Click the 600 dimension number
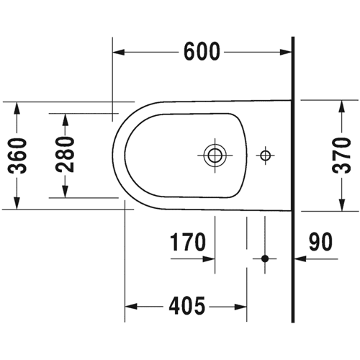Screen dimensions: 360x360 (x=202, y=52)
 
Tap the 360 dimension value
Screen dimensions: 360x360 (x=17, y=156)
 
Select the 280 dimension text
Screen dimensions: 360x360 (x=65, y=154)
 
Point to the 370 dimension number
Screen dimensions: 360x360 (x=341, y=156)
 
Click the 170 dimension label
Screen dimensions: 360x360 (x=188, y=242)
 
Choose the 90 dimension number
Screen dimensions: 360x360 (x=321, y=242)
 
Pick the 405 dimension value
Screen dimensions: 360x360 (x=187, y=305)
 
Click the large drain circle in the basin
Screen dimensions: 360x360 (x=215, y=156)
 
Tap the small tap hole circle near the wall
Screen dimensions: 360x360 (x=265, y=156)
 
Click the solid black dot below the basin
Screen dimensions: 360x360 (x=265, y=258)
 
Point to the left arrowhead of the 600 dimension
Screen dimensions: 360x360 (x=119, y=52)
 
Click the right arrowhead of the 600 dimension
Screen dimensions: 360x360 (x=286, y=52)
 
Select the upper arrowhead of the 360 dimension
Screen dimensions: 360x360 (x=17, y=108)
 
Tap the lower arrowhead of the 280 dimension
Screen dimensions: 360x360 (x=65, y=192)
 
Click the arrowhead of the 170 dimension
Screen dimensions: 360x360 (x=209, y=259)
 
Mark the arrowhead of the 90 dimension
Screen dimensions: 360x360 (x=300, y=259)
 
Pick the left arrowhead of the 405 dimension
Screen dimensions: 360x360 (x=131, y=307)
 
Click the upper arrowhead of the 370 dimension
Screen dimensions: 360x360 (x=342, y=106)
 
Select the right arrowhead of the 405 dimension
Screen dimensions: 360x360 (x=240, y=307)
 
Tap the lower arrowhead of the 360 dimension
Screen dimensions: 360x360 (x=17, y=203)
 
